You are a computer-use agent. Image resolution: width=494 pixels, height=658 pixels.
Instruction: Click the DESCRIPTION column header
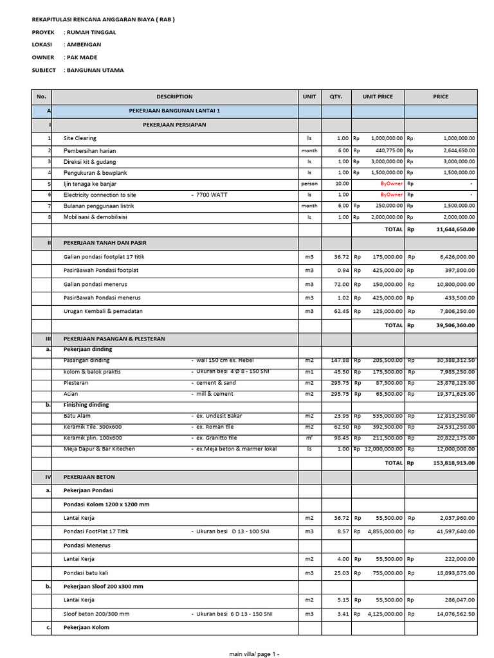(x=174, y=97)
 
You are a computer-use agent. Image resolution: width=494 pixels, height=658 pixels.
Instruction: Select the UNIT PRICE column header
(x=378, y=97)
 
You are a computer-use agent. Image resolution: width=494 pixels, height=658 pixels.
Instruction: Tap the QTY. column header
(x=336, y=97)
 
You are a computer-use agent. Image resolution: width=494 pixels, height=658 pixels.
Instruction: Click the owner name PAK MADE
(x=81, y=57)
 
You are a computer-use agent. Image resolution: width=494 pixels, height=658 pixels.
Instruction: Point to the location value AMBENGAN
(x=83, y=44)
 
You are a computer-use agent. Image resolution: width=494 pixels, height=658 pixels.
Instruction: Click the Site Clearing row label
(x=80, y=138)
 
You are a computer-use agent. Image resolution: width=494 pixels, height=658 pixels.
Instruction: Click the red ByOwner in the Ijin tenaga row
(x=391, y=183)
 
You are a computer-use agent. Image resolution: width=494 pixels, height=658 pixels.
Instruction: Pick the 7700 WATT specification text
(x=212, y=194)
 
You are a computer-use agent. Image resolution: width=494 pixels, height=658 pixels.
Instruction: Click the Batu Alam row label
(x=77, y=416)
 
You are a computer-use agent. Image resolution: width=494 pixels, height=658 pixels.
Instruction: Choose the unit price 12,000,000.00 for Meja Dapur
(x=383, y=449)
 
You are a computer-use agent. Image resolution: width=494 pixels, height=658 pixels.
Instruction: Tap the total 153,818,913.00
(x=453, y=462)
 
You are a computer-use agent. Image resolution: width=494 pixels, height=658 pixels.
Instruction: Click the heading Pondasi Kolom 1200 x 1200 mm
(x=106, y=504)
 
